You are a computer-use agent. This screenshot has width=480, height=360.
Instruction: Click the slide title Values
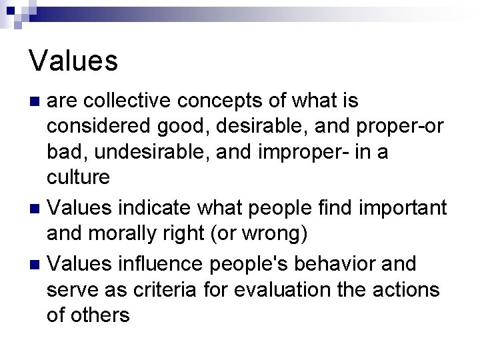point(73,61)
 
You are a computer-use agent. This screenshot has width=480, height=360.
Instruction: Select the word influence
point(153,263)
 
